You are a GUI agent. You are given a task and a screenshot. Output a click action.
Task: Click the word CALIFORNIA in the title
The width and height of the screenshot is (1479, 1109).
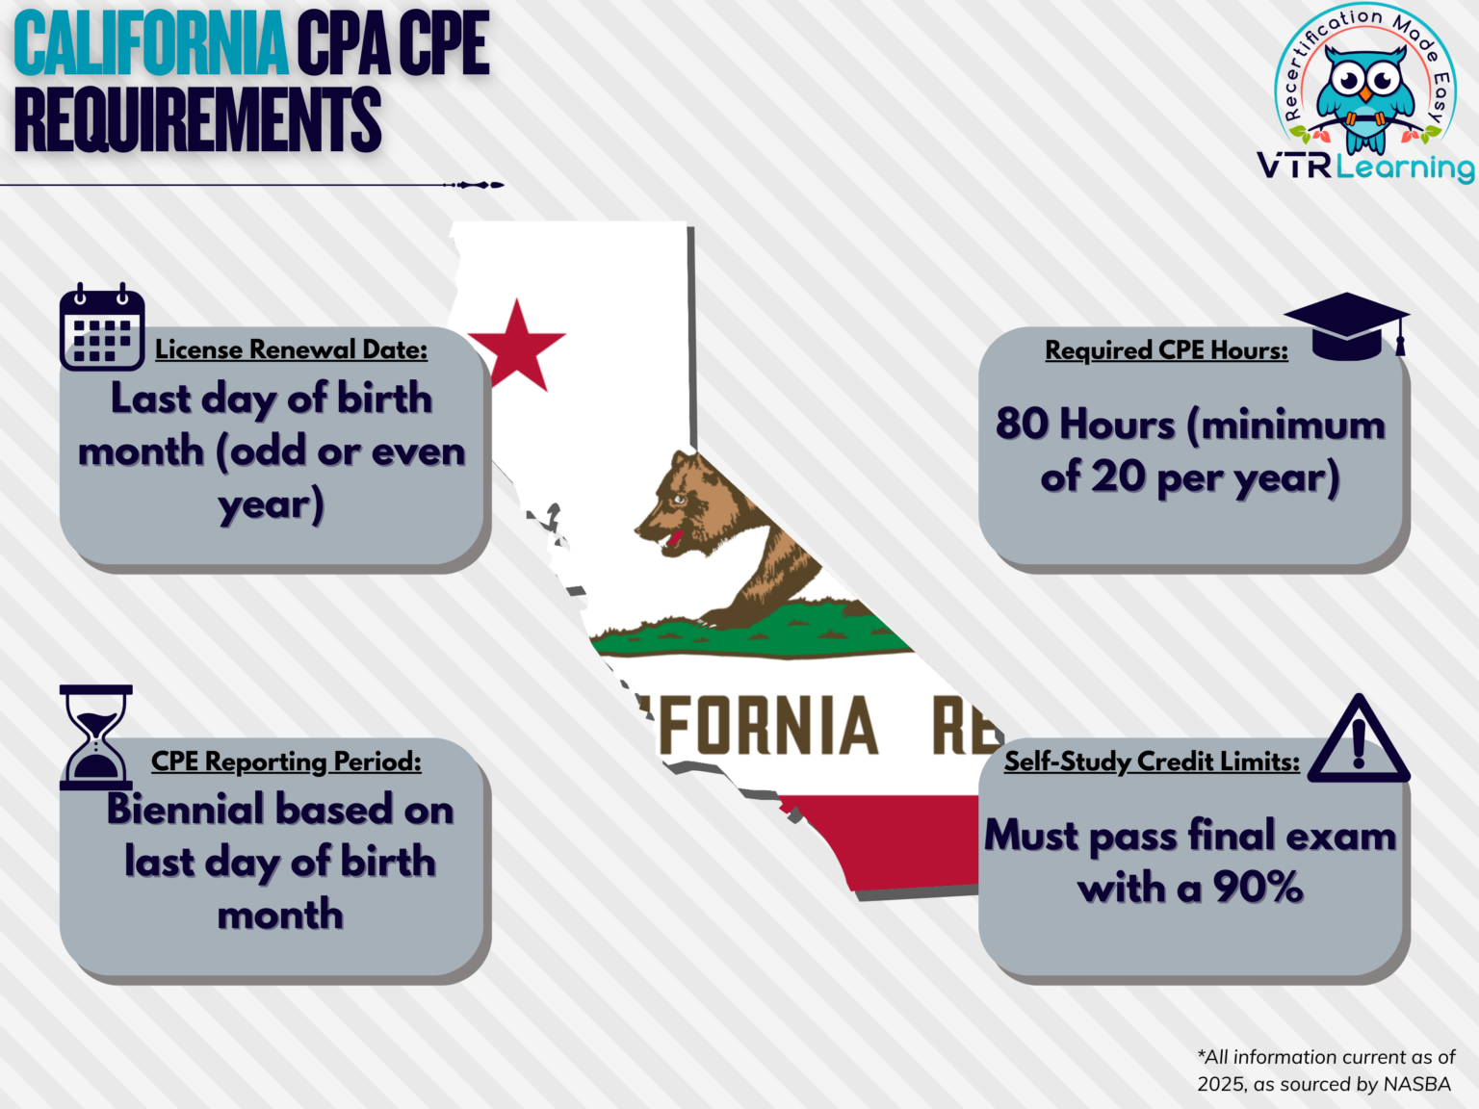(x=151, y=44)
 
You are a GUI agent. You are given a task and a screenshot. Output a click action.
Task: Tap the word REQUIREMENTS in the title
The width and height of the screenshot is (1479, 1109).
(x=197, y=119)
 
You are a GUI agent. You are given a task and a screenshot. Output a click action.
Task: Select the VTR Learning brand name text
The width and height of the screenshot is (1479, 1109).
(x=1364, y=168)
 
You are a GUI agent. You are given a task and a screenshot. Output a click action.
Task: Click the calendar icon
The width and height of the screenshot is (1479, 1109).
(x=102, y=327)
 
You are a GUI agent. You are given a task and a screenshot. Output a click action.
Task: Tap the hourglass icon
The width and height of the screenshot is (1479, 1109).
(x=95, y=736)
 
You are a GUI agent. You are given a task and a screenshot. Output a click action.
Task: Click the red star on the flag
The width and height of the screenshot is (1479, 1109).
(x=517, y=346)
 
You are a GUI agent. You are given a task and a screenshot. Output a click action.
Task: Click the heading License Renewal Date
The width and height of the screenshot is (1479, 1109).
(x=291, y=349)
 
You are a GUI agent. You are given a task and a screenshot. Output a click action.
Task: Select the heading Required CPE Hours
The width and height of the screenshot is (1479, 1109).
(x=1166, y=350)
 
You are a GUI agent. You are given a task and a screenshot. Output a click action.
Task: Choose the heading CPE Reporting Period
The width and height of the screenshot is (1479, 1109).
(x=286, y=761)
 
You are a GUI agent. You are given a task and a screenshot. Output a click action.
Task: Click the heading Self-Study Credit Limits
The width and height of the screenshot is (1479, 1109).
(x=1152, y=761)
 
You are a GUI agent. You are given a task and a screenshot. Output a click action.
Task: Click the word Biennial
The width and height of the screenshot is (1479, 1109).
(x=185, y=810)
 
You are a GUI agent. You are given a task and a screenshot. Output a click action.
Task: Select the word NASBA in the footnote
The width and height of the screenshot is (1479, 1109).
(x=1416, y=1084)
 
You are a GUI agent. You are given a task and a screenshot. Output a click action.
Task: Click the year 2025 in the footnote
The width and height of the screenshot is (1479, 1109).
(x=1220, y=1084)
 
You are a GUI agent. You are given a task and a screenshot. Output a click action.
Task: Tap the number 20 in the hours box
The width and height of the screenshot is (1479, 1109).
(x=1119, y=477)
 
